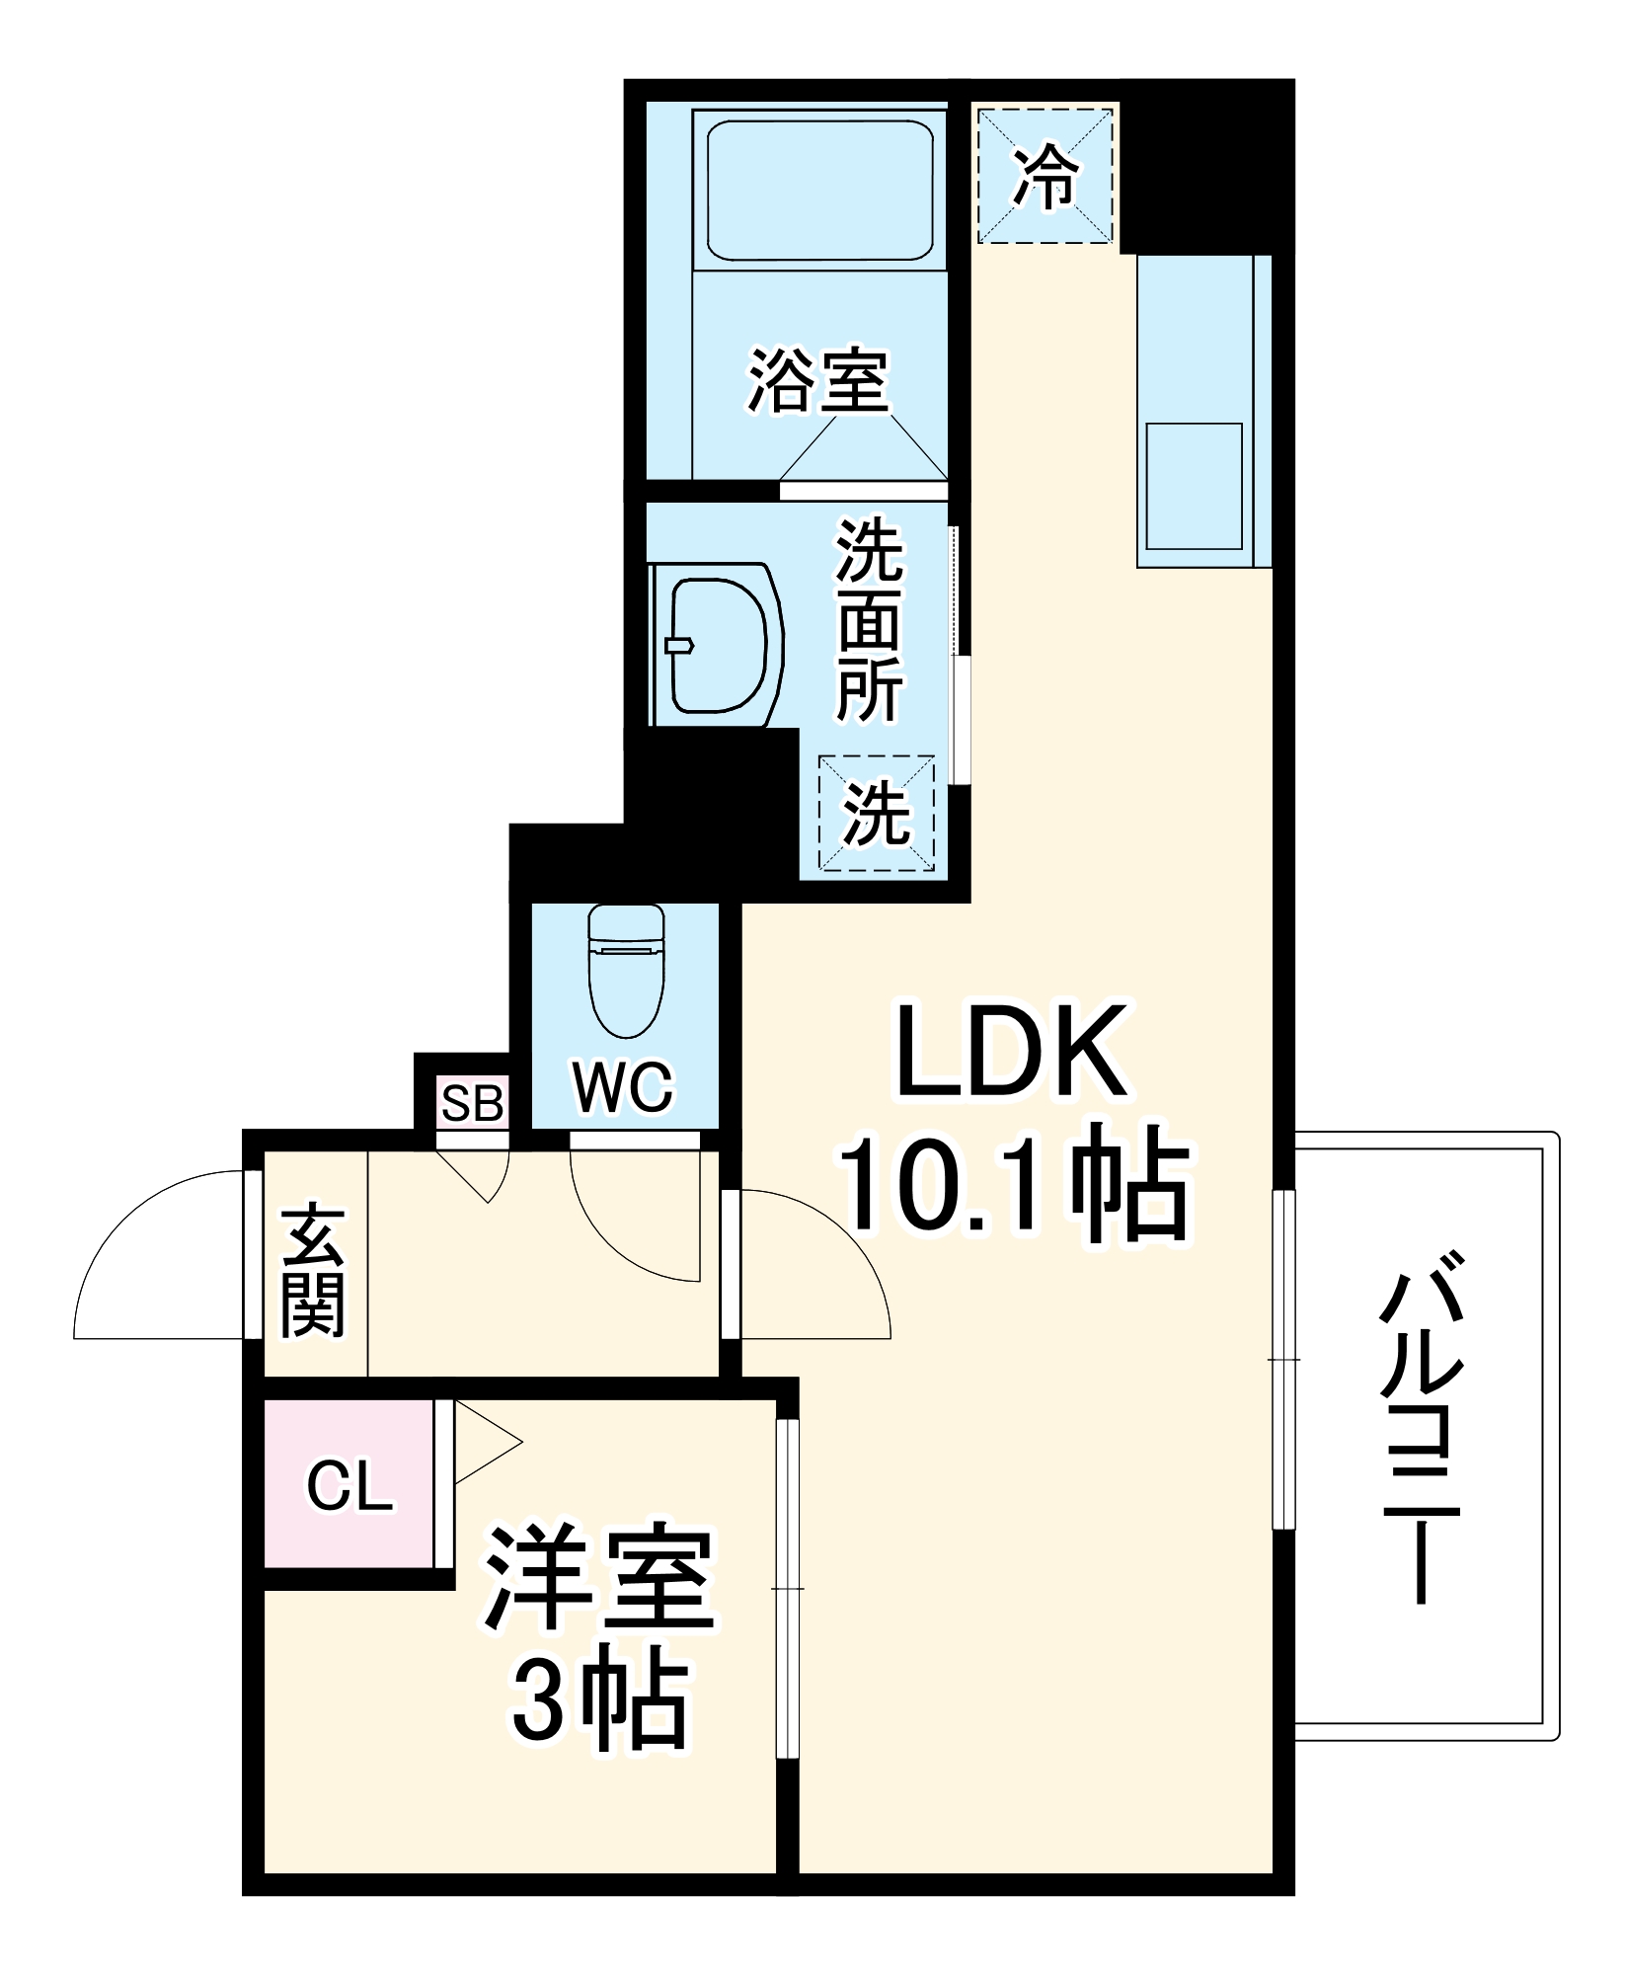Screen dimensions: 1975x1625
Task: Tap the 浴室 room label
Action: pos(818,380)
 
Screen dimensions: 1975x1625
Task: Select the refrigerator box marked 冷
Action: pos(1045,176)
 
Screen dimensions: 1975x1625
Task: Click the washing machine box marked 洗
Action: pos(876,813)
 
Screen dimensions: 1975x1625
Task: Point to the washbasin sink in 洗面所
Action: pos(719,645)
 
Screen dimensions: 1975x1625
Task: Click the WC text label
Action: pos(623,1087)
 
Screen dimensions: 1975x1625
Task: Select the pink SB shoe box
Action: pos(473,1103)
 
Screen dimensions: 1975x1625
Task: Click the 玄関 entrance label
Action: pos(313,1270)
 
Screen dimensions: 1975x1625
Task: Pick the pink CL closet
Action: pos(348,1485)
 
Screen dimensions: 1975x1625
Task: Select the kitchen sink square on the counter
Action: pos(1194,486)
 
